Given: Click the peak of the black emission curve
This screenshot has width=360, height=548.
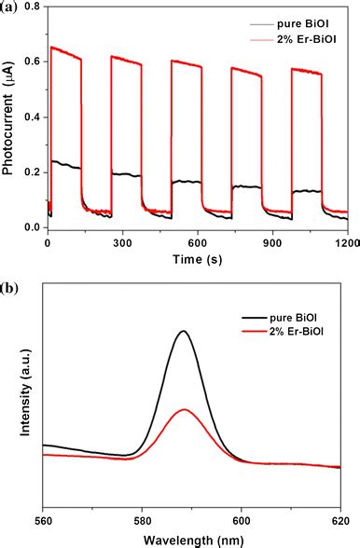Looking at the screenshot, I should pos(184,331).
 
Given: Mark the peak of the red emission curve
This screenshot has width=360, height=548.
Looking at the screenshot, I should pos(185,409).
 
